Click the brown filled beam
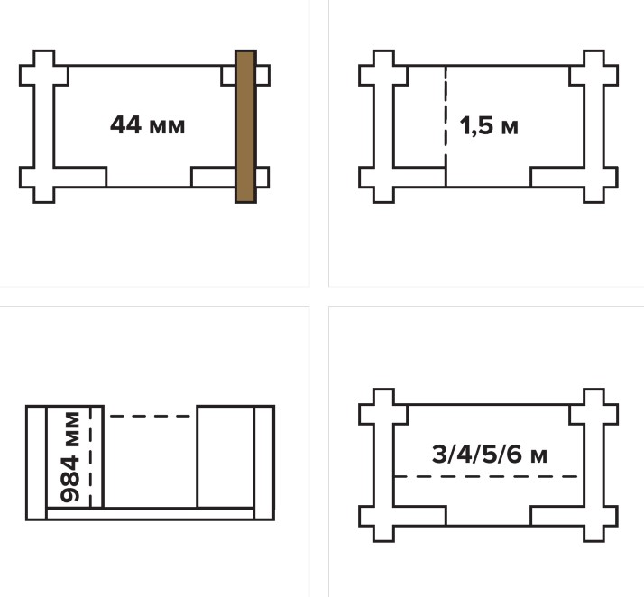point(245,126)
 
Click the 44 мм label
point(147,125)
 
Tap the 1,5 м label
point(489,126)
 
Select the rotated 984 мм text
point(69,457)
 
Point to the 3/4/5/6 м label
point(490,455)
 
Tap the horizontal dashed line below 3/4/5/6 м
point(486,476)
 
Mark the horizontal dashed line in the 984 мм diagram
point(150,416)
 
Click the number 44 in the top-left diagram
point(125,124)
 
